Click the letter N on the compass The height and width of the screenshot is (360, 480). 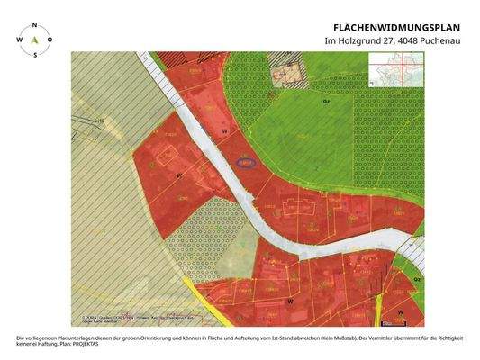34,26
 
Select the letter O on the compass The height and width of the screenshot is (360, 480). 50,40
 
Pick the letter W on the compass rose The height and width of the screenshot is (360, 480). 18,40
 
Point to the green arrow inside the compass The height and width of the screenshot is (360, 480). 34,40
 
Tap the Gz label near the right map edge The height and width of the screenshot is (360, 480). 417,279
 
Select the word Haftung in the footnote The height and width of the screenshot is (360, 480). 48,343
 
